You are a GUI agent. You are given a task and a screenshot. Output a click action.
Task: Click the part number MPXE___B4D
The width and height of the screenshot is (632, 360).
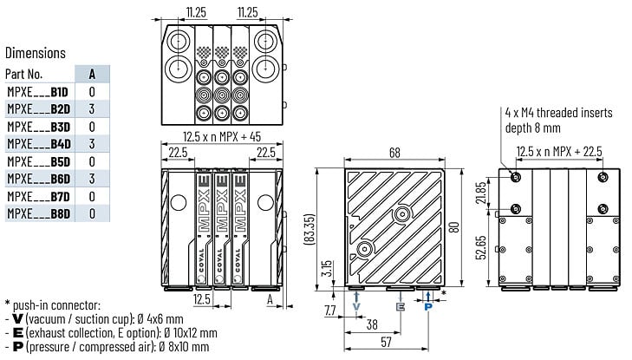tap(39, 144)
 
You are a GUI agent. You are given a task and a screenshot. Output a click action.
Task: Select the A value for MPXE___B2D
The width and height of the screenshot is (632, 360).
tap(92, 108)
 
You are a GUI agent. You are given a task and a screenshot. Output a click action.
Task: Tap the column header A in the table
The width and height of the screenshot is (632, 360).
tap(92, 75)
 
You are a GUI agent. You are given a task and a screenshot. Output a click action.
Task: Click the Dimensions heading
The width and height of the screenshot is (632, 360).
tap(36, 53)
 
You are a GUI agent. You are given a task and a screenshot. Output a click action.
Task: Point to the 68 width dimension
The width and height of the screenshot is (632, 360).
tap(394, 153)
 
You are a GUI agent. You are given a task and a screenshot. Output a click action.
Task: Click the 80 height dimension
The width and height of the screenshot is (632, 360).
tap(454, 227)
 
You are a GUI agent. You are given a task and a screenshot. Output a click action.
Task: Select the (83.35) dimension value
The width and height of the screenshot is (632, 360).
tap(309, 228)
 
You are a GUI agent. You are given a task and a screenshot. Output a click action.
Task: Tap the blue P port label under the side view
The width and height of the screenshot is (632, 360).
tap(428, 307)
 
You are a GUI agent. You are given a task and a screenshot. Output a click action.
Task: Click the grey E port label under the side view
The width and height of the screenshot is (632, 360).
tap(401, 307)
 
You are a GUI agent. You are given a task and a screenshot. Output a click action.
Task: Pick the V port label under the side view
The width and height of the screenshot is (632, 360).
tap(356, 307)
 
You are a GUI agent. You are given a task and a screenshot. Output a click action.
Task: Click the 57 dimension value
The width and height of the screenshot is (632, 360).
tap(386, 342)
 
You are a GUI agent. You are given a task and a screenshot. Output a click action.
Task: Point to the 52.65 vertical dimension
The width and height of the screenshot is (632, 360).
tap(481, 247)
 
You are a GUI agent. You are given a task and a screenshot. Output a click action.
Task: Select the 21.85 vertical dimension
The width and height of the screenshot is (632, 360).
tap(481, 193)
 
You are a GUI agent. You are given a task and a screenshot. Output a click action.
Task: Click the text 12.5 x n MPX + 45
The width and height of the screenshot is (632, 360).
tap(222, 136)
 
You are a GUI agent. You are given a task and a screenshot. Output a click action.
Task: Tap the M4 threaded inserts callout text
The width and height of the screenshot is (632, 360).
tap(558, 120)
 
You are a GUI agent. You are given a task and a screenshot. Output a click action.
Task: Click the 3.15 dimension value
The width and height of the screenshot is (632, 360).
tap(327, 268)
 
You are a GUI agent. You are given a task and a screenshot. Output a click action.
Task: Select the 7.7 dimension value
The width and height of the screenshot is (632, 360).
tap(330, 310)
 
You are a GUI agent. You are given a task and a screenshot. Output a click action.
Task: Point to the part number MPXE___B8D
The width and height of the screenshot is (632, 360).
tap(39, 213)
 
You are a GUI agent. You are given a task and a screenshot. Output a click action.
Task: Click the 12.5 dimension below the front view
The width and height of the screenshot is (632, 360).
tap(201, 298)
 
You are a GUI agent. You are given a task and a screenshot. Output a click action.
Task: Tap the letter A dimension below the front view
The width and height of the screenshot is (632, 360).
tap(270, 298)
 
